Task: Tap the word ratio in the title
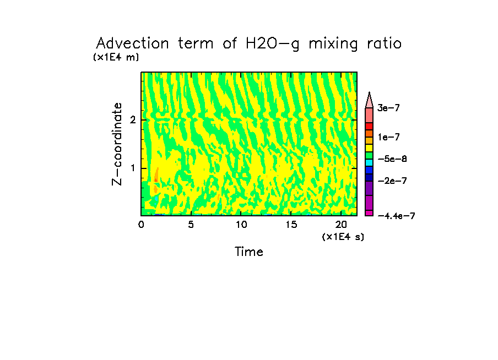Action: click(x=381, y=43)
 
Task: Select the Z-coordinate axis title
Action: click(x=117, y=144)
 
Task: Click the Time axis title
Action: click(x=249, y=252)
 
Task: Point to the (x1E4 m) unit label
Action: click(x=116, y=57)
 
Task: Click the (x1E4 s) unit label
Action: click(x=343, y=236)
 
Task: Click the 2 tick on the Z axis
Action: click(x=133, y=120)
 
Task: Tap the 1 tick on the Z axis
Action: click(x=133, y=168)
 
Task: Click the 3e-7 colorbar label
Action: click(x=388, y=108)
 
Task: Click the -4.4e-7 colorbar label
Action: click(x=396, y=216)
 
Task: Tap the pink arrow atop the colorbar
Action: click(x=369, y=100)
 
